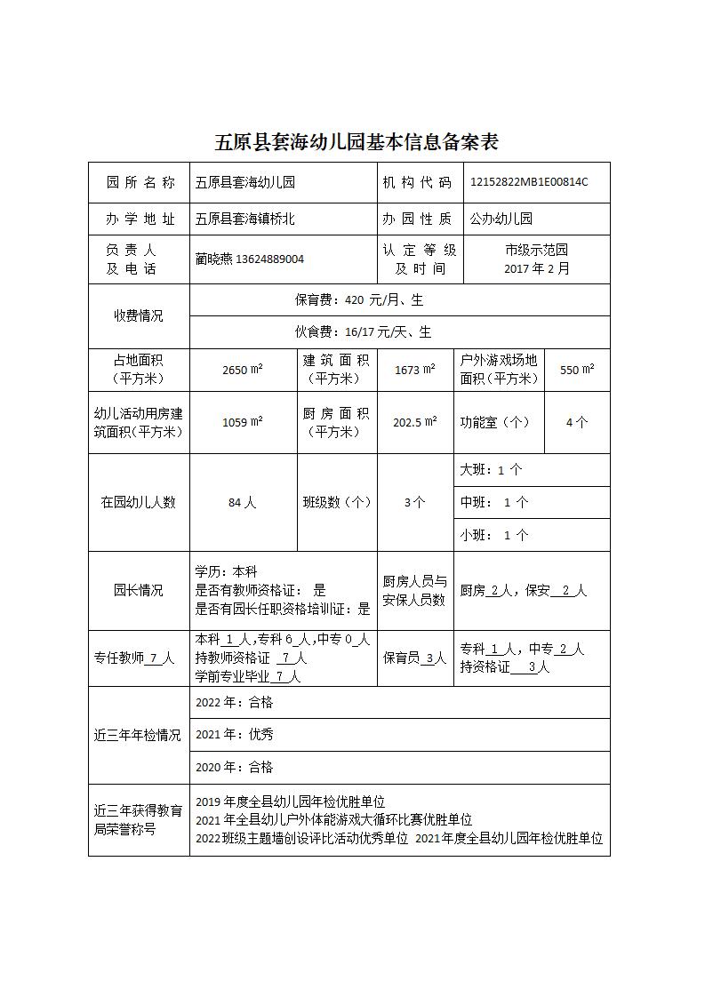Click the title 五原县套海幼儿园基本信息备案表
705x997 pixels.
coord(357,142)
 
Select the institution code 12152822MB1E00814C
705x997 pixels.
coord(529,182)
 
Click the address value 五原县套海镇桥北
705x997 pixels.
coord(245,219)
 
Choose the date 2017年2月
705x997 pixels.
coord(536,268)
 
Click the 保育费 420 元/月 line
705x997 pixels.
coord(359,300)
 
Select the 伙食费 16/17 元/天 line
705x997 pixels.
coord(363,332)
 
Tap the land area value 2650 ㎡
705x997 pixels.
coord(242,370)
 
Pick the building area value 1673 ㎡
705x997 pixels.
coord(414,370)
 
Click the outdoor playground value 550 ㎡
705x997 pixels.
coord(577,370)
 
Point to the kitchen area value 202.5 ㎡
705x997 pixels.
coord(414,422)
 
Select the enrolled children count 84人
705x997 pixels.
coord(242,502)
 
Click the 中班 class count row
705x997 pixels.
coord(493,502)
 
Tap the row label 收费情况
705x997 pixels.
coord(138,316)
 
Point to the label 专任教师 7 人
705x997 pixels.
coord(134,658)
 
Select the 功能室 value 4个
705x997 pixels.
coord(576,422)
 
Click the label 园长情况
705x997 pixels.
coord(138,590)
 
